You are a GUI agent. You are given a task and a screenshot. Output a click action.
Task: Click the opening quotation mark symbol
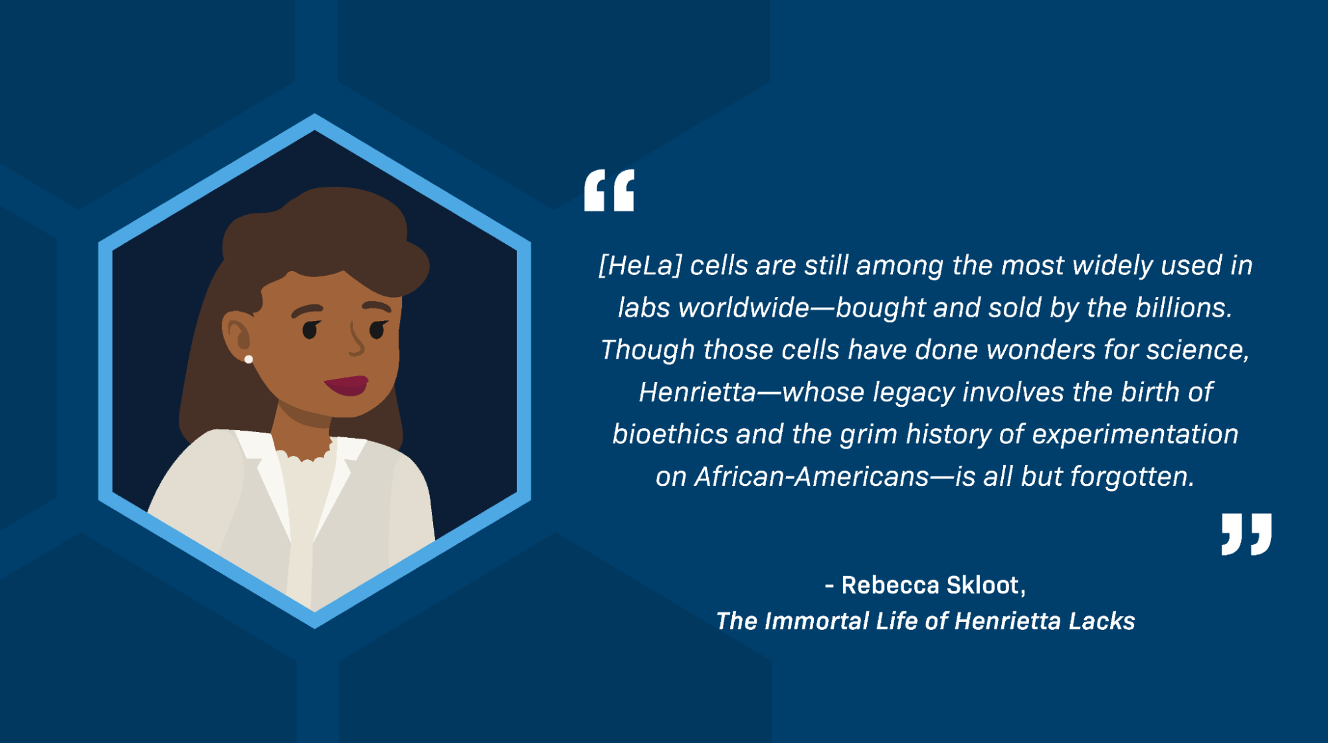(x=609, y=191)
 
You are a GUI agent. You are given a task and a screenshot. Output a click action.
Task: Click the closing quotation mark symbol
(x=1246, y=534)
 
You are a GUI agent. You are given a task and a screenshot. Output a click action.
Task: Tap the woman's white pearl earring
(x=248, y=360)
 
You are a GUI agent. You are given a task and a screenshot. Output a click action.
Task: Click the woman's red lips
(x=347, y=385)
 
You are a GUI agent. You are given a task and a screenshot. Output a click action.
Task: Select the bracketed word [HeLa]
(x=640, y=266)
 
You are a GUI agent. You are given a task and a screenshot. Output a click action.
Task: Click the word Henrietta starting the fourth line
(x=697, y=392)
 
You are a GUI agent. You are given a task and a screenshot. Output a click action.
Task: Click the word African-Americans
(x=811, y=477)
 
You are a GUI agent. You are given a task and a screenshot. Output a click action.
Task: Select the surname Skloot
(x=985, y=585)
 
